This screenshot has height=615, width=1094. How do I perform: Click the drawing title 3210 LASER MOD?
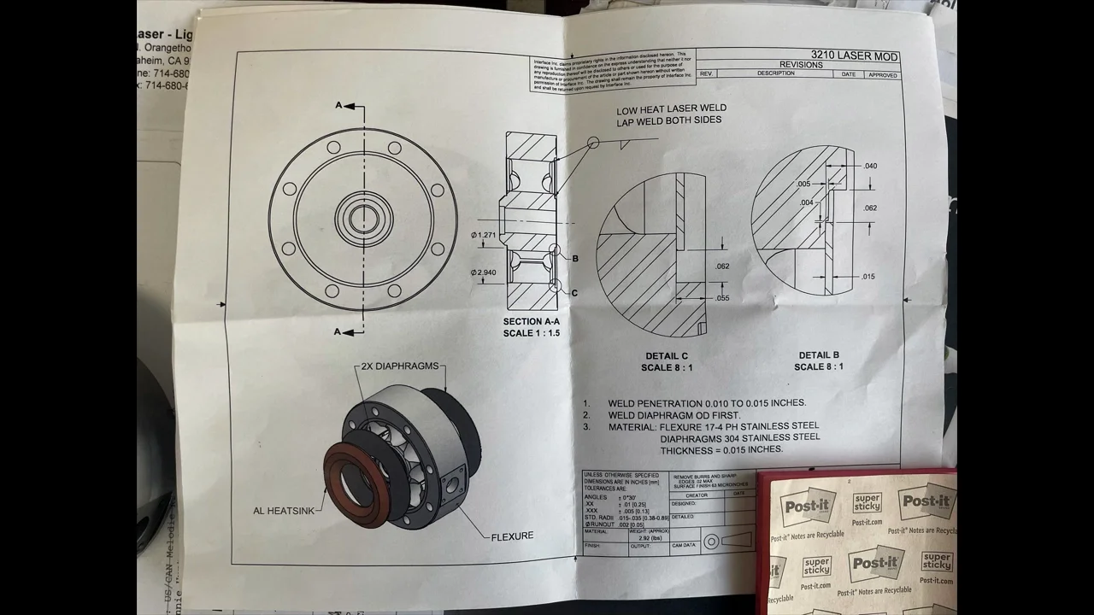click(854, 56)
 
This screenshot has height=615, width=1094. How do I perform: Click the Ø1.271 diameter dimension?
click(483, 235)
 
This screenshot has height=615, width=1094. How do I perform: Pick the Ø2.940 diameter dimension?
click(483, 272)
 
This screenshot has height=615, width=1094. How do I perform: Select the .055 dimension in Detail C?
click(722, 298)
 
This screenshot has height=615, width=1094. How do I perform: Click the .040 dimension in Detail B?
click(870, 166)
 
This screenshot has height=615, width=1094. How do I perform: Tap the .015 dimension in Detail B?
click(868, 276)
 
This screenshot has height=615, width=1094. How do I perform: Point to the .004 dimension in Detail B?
click(807, 202)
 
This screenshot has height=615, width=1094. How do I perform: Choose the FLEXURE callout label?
click(512, 536)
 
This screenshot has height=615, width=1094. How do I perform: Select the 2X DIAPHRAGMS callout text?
click(399, 366)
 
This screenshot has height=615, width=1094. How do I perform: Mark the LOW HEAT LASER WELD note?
click(671, 114)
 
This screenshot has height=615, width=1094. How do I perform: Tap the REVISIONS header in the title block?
click(801, 65)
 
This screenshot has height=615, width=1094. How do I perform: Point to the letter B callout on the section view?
click(575, 258)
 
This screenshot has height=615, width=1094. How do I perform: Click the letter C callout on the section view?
click(574, 293)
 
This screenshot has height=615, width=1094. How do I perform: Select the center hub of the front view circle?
click(362, 218)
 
